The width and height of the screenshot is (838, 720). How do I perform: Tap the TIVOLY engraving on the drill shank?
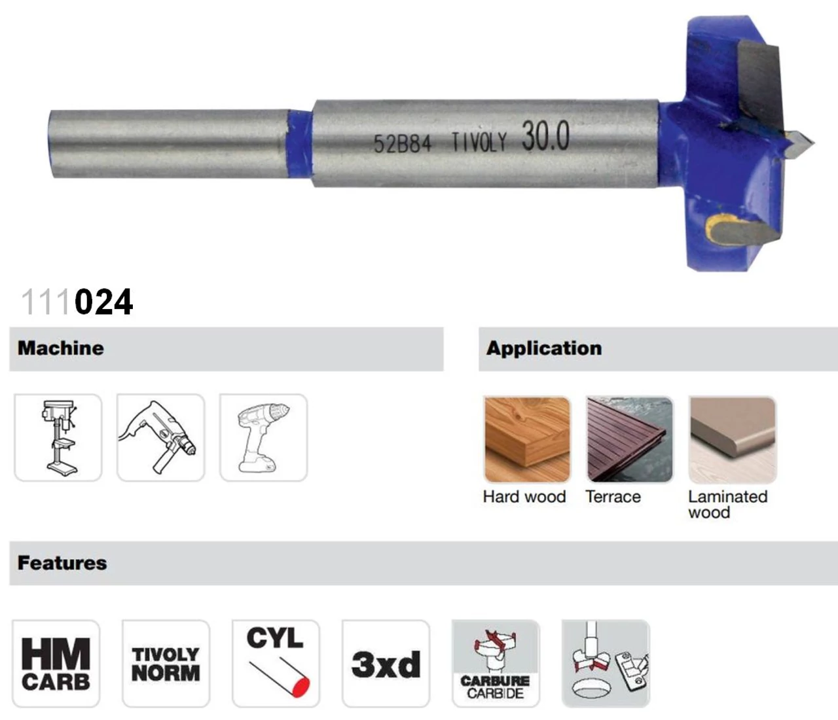pyautogui.click(x=479, y=142)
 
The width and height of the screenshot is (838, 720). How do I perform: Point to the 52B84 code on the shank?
pyautogui.click(x=403, y=143)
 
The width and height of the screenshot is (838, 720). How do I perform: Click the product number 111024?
pyautogui.click(x=77, y=302)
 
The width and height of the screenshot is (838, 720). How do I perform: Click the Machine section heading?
pyautogui.click(x=61, y=348)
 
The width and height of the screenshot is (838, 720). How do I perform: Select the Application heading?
pyautogui.click(x=544, y=348)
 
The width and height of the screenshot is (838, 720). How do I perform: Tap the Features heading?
pyautogui.click(x=62, y=563)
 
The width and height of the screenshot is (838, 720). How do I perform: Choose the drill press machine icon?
pyautogui.click(x=58, y=437)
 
